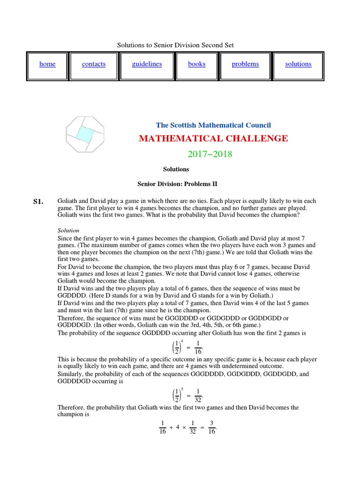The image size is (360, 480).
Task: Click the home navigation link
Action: pos(47,64)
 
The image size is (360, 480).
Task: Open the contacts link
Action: pos(94,64)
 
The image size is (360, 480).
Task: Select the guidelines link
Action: pos(147,64)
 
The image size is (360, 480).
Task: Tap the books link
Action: pos(197,64)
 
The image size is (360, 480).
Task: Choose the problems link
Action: pos(245,64)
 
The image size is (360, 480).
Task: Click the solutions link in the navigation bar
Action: pos(298,64)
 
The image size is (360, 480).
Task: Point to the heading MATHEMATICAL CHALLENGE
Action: pos(213,138)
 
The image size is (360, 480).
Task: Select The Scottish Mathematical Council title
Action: pos(213,125)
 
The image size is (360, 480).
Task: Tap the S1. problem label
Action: pos(38,202)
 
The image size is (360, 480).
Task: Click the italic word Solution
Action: pos(68,230)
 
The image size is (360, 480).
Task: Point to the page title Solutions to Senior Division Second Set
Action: pos(175,45)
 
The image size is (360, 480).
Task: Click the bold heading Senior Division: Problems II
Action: pos(177,184)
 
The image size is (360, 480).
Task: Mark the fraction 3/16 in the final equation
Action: pos(212,427)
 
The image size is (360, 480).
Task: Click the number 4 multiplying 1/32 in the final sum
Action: pos(178,427)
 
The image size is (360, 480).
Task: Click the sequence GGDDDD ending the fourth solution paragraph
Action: pos(72,295)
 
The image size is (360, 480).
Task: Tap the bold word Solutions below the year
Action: pos(176,169)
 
